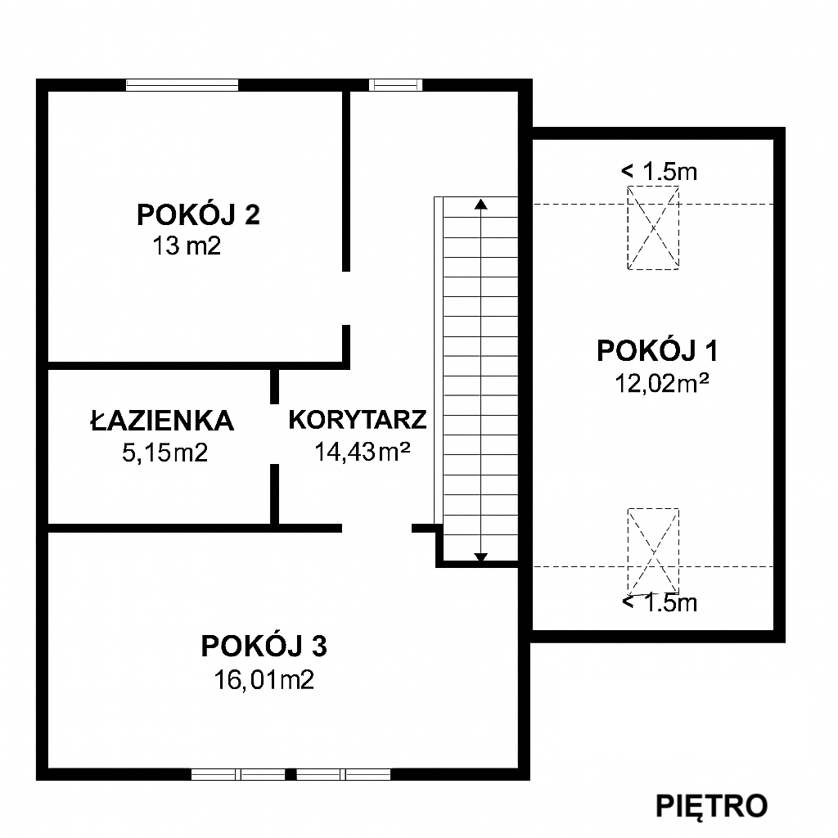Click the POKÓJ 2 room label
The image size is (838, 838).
click(198, 215)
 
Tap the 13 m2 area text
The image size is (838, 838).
click(187, 246)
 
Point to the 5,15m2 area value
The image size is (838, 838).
click(164, 453)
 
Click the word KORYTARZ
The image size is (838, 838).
click(358, 420)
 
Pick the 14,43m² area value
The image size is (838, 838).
click(363, 452)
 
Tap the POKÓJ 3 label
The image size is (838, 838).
click(264, 646)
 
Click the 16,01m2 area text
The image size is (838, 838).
click(264, 680)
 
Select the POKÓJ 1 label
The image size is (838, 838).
click(657, 351)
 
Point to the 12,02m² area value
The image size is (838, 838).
click(661, 383)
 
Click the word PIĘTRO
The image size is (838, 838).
click(711, 805)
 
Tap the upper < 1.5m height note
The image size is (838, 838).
click(659, 172)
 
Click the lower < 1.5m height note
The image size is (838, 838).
click(660, 602)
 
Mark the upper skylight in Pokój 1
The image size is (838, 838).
click(653, 228)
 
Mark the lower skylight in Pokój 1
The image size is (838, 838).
click(653, 551)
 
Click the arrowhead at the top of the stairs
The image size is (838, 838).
click(481, 204)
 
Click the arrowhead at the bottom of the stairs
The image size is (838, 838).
click(481, 557)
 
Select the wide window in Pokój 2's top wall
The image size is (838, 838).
click(182, 85)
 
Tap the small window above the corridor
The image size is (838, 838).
click(395, 85)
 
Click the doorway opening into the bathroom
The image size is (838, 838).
click(274, 434)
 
